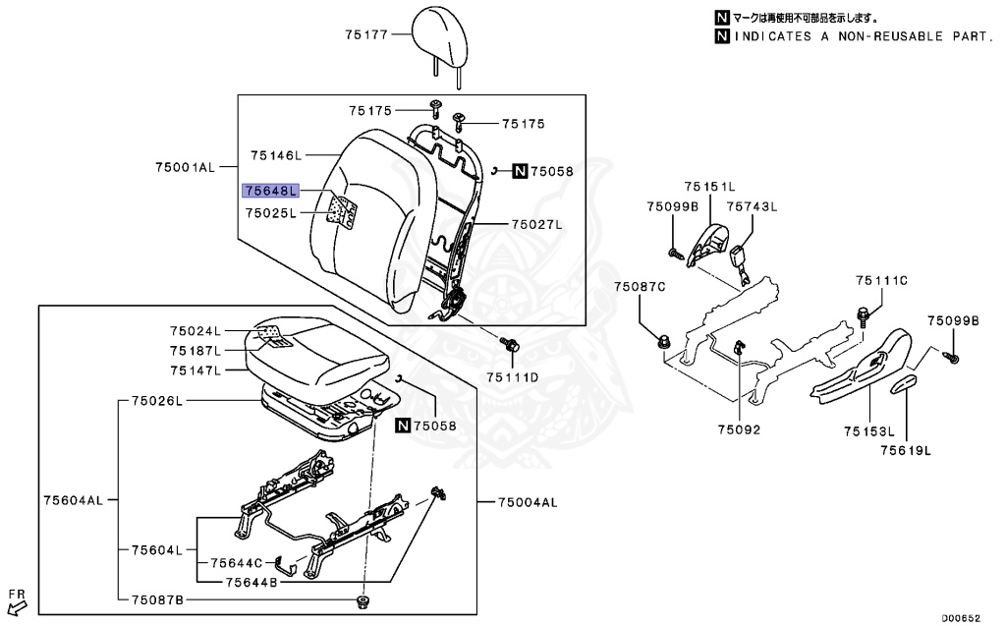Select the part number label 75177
[x=368, y=34]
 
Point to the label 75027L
[x=536, y=225]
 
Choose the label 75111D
[x=512, y=377]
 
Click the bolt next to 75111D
[x=511, y=345]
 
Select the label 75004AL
[x=527, y=502]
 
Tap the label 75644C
[x=237, y=563]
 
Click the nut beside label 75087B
[x=364, y=600]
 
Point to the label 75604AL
[x=73, y=500]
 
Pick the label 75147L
[x=195, y=370]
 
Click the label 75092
[x=739, y=429]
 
